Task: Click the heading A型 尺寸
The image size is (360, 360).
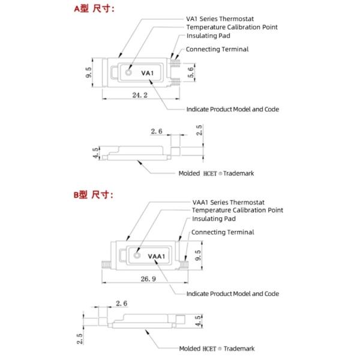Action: pos(94,8)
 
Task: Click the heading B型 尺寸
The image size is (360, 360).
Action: pos(94,195)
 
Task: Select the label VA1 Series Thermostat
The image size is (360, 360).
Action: pos(220,19)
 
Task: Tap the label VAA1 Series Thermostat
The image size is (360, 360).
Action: pos(229,202)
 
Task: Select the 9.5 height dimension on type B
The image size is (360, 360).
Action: pos(198,257)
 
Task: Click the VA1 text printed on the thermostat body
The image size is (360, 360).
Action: pos(148,73)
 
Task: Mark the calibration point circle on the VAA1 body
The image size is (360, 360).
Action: pos(137,255)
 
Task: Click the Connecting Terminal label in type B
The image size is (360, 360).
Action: pos(223,232)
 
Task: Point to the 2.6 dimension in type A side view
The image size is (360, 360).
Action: pos(157,131)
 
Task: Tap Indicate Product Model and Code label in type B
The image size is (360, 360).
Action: pos(232,294)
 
